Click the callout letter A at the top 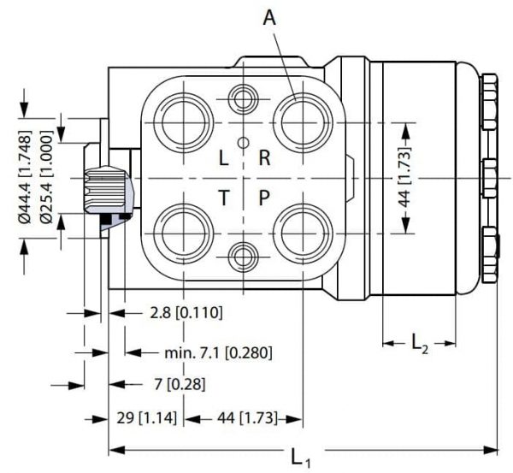click(x=269, y=18)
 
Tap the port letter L click(x=223, y=158)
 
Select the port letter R click(x=264, y=158)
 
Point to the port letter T click(x=224, y=198)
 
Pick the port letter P click(x=264, y=198)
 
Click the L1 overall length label click(x=300, y=458)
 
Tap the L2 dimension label click(x=420, y=345)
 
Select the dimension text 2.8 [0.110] click(x=186, y=312)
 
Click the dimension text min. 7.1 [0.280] click(x=218, y=352)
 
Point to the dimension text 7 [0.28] click(x=180, y=384)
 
